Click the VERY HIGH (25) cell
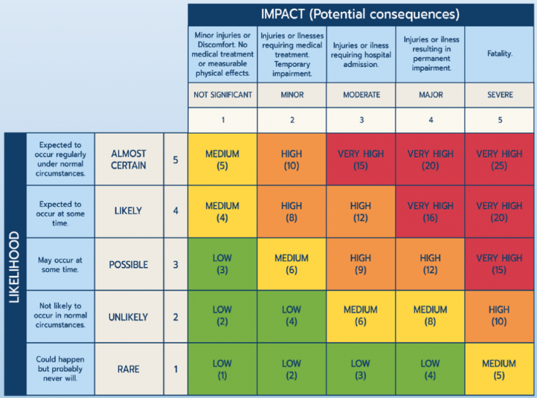499,159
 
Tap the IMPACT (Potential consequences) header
360,14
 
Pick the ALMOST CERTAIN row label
128,159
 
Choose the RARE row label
128,368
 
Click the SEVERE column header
499,95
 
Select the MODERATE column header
360,95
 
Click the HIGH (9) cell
360,264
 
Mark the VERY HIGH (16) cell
430,211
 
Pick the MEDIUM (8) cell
430,316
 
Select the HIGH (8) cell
291,211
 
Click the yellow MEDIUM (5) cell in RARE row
499,368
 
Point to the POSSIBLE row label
128,264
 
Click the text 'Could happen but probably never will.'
60,368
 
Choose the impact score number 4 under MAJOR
430,119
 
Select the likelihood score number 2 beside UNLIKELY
175,317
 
